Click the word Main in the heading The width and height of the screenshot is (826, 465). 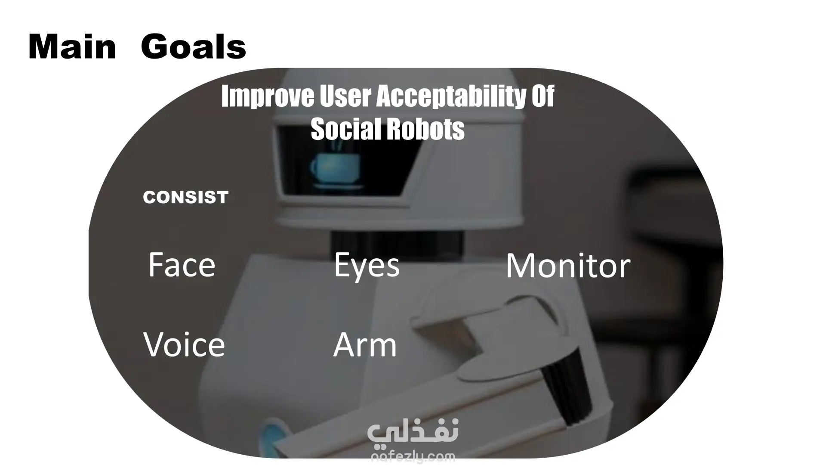point(72,46)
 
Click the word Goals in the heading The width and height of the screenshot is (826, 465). point(193,46)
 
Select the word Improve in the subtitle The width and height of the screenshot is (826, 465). point(268,96)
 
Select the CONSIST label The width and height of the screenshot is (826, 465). point(185,197)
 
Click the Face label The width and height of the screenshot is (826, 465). point(182,265)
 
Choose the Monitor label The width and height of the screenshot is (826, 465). point(568,266)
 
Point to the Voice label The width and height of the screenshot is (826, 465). point(184,344)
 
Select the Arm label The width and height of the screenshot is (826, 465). point(365,344)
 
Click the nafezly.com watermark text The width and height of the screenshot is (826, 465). point(413,456)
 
